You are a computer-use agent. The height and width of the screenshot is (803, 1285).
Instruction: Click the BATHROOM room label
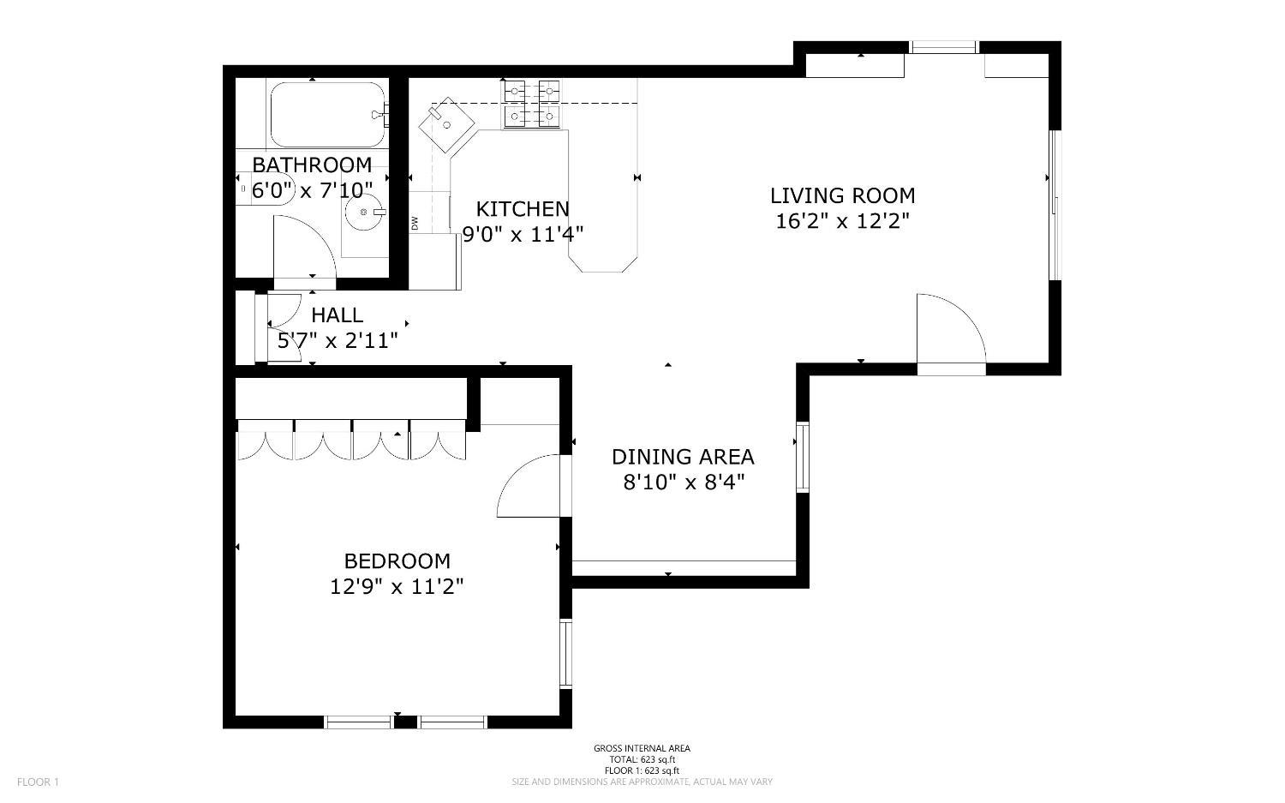[x=312, y=165]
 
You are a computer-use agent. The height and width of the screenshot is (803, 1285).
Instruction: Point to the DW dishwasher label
[x=415, y=223]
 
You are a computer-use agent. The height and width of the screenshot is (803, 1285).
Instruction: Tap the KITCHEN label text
[x=522, y=209]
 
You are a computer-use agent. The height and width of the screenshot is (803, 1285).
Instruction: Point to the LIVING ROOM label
[x=842, y=195]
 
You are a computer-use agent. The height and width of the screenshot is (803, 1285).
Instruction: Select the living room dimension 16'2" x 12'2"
[x=842, y=221]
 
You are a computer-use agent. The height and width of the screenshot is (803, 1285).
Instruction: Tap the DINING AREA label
[x=683, y=457]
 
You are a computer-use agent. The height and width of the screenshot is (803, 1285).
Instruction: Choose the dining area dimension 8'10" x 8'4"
[x=683, y=482]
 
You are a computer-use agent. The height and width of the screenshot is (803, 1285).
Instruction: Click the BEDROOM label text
[x=397, y=561]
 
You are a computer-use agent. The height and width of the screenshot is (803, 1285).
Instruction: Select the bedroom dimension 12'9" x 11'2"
[x=397, y=587]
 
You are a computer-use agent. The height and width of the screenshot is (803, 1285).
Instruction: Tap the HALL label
[x=337, y=315]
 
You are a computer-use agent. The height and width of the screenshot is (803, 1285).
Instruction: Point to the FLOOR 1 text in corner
[x=38, y=782]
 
